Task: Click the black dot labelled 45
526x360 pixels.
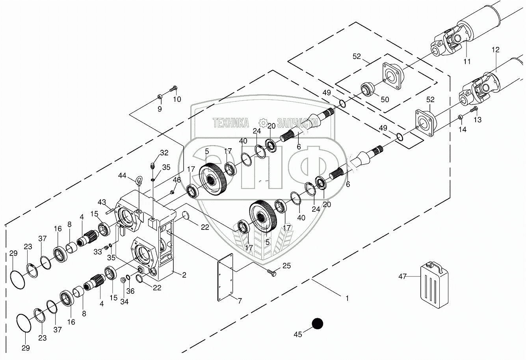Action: coord(317,324)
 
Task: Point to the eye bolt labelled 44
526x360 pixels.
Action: coord(139,181)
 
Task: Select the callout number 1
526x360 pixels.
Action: coord(347,298)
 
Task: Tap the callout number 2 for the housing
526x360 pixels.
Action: coord(184,275)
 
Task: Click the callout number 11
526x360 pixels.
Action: coord(467,62)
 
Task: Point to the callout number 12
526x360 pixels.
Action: coord(495,50)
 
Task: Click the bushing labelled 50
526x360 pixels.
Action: coord(368,89)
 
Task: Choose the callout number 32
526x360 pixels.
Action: coord(164,153)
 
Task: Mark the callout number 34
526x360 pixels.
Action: coord(124,302)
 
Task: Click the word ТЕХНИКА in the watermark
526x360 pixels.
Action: coord(230,123)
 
